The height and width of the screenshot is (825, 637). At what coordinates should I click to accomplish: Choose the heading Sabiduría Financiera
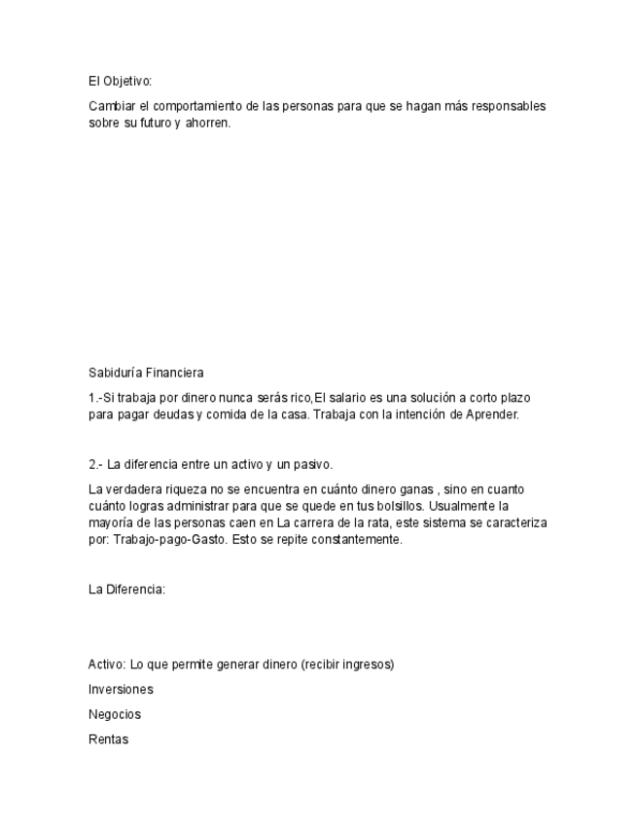click(146, 373)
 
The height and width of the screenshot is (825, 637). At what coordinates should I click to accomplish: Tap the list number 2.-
click(95, 464)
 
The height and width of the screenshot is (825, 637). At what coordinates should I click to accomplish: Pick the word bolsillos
click(401, 507)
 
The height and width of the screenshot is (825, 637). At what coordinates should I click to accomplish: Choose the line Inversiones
click(121, 690)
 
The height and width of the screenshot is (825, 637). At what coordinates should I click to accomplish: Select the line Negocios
click(115, 714)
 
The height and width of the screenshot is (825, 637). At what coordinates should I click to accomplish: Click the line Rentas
click(108, 739)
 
